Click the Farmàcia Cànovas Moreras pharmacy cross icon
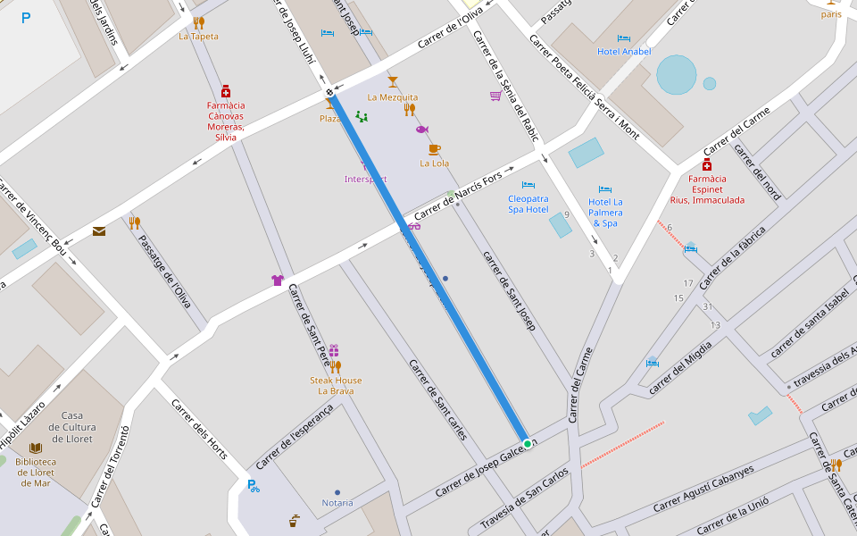tap(226, 91)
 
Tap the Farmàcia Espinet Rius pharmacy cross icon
tap(707, 165)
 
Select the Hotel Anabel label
tap(624, 52)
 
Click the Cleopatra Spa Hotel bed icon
tap(528, 185)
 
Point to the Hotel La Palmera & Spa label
tap(605, 213)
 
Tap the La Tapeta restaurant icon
tap(198, 23)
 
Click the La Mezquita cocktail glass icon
tap(392, 82)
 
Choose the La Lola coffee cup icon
tap(434, 149)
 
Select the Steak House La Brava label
tap(336, 386)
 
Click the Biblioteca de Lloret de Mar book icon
tap(36, 448)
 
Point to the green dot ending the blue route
tap(528, 444)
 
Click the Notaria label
tap(337, 503)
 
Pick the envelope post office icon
tap(99, 231)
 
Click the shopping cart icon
tap(495, 96)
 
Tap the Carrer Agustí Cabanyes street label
tap(703, 488)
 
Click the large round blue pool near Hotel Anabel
tap(677, 75)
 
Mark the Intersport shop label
tap(366, 180)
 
